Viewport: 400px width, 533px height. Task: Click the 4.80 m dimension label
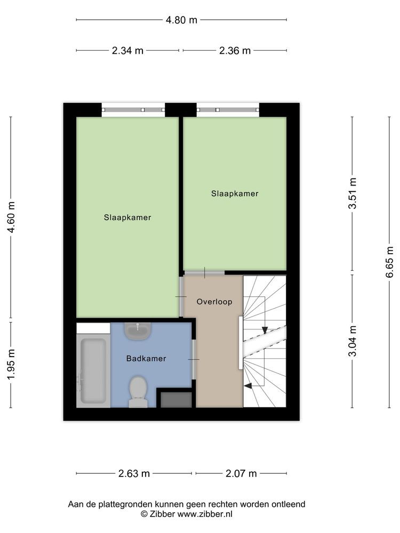pyautogui.click(x=181, y=20)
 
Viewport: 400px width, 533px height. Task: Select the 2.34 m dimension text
pyautogui.click(x=127, y=51)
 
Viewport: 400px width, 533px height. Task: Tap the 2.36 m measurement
pyautogui.click(x=235, y=51)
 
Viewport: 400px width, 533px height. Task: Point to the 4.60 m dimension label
pyautogui.click(x=11, y=217)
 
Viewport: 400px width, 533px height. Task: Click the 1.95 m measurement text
pyautogui.click(x=11, y=365)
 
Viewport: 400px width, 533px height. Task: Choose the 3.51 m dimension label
pyautogui.click(x=353, y=193)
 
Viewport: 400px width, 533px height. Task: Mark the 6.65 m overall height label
pyautogui.click(x=390, y=262)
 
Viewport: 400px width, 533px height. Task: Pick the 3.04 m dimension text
pyautogui.click(x=353, y=341)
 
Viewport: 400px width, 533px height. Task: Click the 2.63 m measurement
pyautogui.click(x=134, y=473)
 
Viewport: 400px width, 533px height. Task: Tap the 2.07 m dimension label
pyautogui.click(x=241, y=473)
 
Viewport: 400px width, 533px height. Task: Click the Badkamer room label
pyautogui.click(x=146, y=358)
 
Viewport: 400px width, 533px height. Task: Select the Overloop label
pyautogui.click(x=214, y=302)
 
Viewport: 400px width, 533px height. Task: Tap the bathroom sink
pyautogui.click(x=138, y=331)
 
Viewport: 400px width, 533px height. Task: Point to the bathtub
pyautogui.click(x=93, y=371)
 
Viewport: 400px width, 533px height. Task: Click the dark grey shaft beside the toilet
pyautogui.click(x=176, y=400)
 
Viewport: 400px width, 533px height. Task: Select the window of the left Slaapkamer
pyautogui.click(x=133, y=110)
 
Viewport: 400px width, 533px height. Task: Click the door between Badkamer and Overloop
pyautogui.click(x=194, y=359)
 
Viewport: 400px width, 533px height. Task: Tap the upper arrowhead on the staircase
pyautogui.click(x=265, y=330)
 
